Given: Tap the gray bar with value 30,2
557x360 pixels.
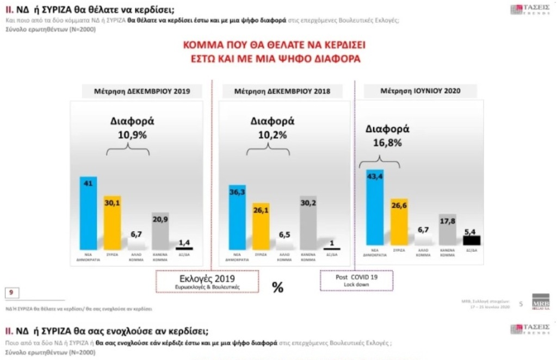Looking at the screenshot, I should (308, 223).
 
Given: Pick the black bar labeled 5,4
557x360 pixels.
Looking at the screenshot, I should (471, 240).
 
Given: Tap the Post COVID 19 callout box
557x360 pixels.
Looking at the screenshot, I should (356, 279).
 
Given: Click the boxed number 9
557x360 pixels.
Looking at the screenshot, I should (11, 293).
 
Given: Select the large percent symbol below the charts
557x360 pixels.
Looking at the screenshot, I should (277, 287).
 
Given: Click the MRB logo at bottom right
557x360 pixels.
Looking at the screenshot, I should (541, 301).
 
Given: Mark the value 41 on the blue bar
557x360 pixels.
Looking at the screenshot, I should (88, 184).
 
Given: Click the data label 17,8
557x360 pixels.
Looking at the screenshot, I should (447, 221).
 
